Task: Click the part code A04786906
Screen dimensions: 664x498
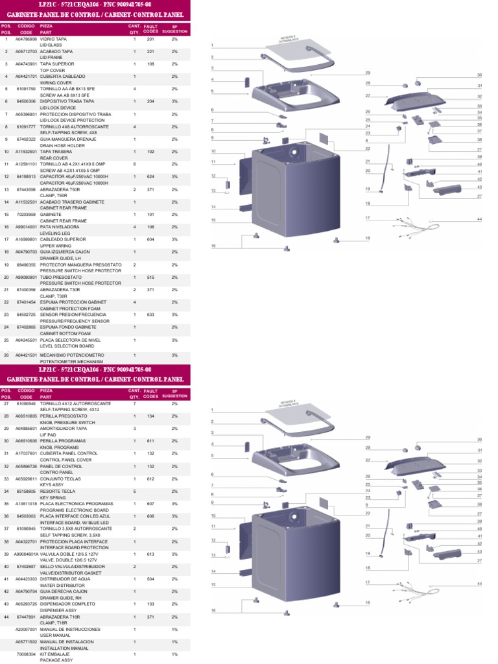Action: click(x=25, y=39)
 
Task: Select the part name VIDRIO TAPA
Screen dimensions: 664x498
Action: click(x=53, y=39)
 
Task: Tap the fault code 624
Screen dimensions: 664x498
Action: click(x=150, y=176)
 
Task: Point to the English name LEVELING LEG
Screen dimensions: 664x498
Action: click(x=55, y=233)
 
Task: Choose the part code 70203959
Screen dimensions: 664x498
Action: click(x=25, y=214)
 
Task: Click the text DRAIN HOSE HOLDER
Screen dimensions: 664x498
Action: click(x=62, y=145)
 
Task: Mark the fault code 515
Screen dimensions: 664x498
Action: click(x=150, y=277)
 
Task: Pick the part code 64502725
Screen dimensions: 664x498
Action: click(x=25, y=314)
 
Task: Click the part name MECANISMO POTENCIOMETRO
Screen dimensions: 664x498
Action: click(x=72, y=355)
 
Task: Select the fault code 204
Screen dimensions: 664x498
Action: click(x=150, y=101)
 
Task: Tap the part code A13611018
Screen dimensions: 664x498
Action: click(x=25, y=503)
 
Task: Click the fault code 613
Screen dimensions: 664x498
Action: click(x=150, y=554)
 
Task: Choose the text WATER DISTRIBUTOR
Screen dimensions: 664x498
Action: click(x=62, y=585)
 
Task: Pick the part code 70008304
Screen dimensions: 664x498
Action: click(x=25, y=654)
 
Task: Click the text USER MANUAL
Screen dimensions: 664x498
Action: click(x=54, y=635)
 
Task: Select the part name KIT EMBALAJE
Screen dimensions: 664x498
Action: click(x=54, y=654)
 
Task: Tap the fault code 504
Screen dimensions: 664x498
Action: click(x=150, y=578)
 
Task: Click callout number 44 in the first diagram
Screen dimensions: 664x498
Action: click(x=480, y=219)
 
